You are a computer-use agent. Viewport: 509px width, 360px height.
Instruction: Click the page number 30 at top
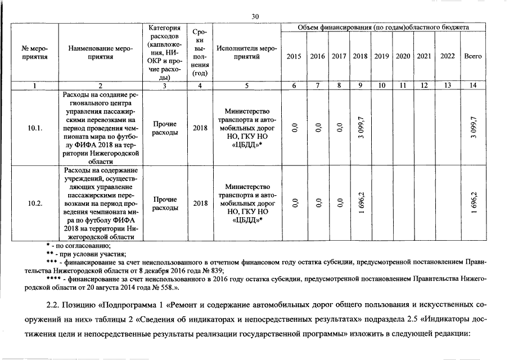click(x=255, y=17)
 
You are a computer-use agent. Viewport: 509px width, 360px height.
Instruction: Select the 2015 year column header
click(x=294, y=56)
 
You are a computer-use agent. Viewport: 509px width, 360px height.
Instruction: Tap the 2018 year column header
click(x=360, y=56)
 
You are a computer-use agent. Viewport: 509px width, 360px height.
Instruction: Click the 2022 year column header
click(x=448, y=56)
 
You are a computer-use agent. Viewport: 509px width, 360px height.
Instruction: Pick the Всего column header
click(x=472, y=56)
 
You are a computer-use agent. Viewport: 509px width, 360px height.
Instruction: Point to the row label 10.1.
click(x=35, y=128)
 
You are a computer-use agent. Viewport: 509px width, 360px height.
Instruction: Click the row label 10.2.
click(x=35, y=204)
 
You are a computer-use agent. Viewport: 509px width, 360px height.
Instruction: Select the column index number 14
click(x=472, y=85)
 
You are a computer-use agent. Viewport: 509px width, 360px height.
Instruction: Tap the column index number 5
click(x=246, y=85)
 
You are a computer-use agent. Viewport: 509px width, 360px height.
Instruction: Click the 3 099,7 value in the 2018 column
click(x=361, y=128)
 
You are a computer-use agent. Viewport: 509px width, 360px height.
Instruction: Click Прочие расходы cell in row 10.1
click(x=164, y=128)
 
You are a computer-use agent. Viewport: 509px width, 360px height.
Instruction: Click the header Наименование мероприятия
click(x=100, y=52)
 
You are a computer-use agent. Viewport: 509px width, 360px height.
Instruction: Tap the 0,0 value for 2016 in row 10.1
click(x=317, y=128)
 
